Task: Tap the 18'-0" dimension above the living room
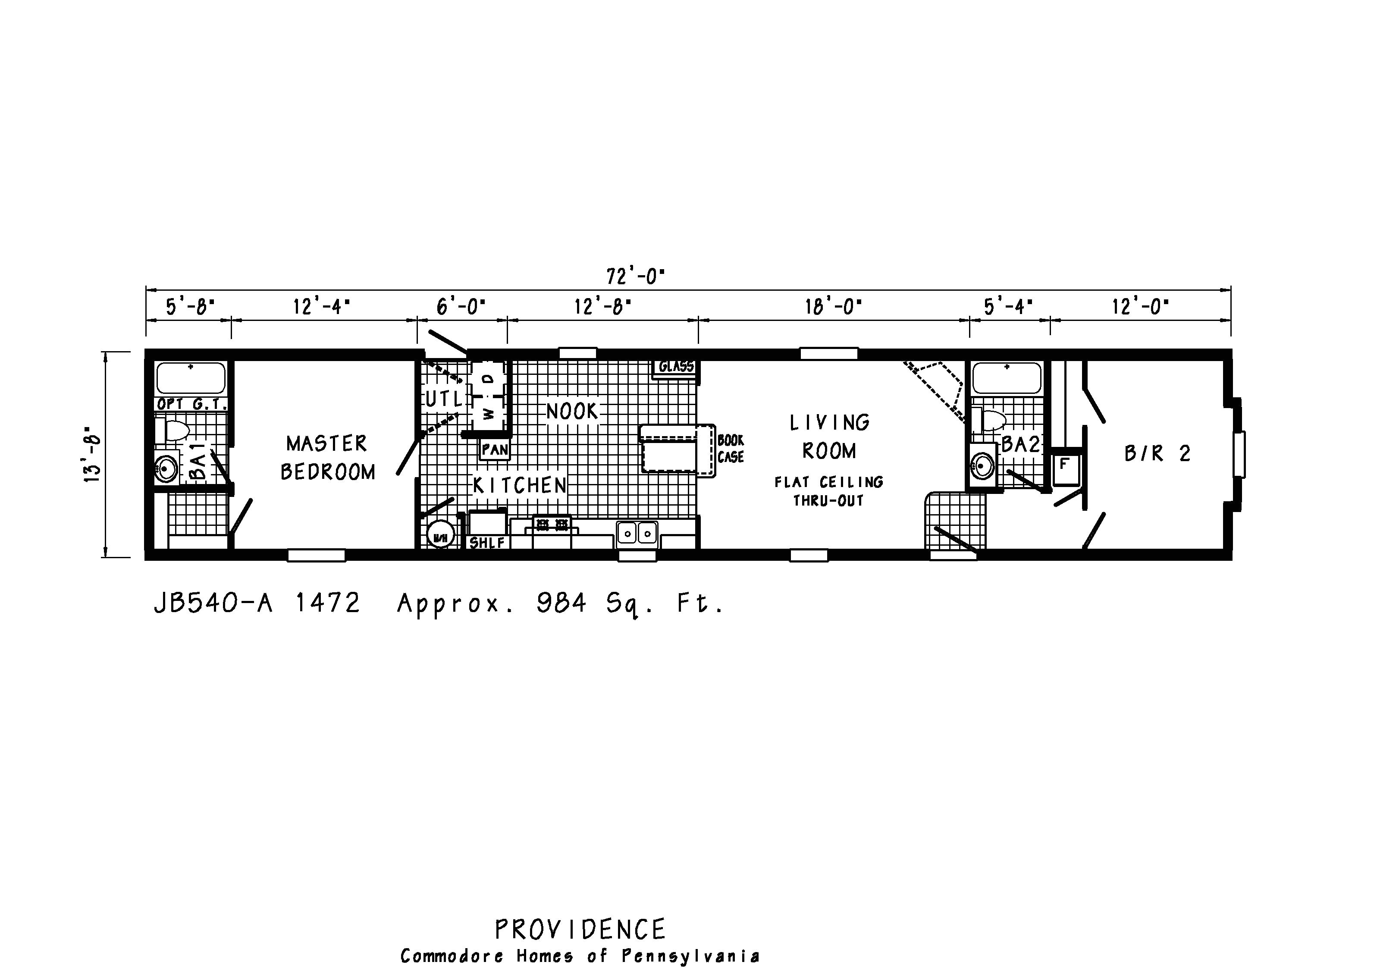[833, 307]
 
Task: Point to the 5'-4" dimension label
[1008, 307]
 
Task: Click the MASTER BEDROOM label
[327, 458]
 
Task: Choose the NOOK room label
[572, 412]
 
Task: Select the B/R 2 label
[1157, 453]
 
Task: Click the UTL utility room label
[444, 399]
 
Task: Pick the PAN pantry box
[495, 449]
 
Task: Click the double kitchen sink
[637, 532]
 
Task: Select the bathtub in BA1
[191, 378]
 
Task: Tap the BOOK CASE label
[731, 449]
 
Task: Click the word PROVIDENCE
[580, 930]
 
